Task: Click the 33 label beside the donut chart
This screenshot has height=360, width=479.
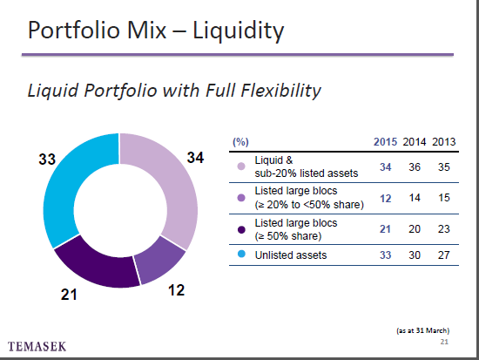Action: (x=47, y=160)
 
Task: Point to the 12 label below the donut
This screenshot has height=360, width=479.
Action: (x=176, y=290)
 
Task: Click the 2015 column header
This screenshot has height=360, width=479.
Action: (x=385, y=142)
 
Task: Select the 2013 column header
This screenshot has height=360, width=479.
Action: (x=443, y=142)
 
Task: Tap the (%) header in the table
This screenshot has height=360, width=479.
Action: (x=240, y=142)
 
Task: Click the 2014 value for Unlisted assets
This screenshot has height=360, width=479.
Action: (x=415, y=255)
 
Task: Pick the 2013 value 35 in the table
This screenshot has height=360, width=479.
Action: (x=444, y=167)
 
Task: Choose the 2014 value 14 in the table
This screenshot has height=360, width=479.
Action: (x=415, y=198)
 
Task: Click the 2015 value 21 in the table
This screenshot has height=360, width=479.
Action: (x=385, y=229)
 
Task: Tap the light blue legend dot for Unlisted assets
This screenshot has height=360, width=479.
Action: (x=241, y=254)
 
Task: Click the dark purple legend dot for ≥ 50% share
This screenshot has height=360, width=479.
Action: (x=241, y=230)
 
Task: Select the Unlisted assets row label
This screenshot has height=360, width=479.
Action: (x=291, y=255)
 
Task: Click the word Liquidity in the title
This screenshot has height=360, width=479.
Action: (x=239, y=31)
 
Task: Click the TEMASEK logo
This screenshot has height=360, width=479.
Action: (x=37, y=347)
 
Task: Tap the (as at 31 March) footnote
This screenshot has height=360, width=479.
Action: (x=422, y=330)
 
